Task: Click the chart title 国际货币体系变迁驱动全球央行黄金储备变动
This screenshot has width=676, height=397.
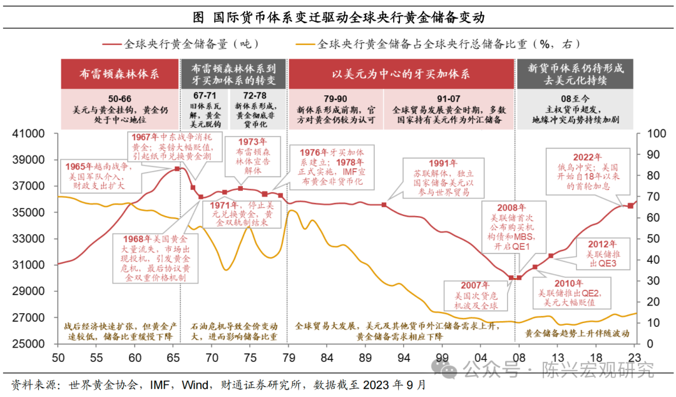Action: point(338,17)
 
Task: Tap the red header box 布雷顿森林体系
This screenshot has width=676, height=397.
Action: point(119,74)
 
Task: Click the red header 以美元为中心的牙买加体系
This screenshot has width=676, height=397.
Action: point(401,74)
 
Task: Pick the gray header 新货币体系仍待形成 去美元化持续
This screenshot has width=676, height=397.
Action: point(576,74)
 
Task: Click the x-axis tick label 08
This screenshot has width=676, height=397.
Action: point(519,358)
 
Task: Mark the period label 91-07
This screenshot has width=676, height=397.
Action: point(449,98)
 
